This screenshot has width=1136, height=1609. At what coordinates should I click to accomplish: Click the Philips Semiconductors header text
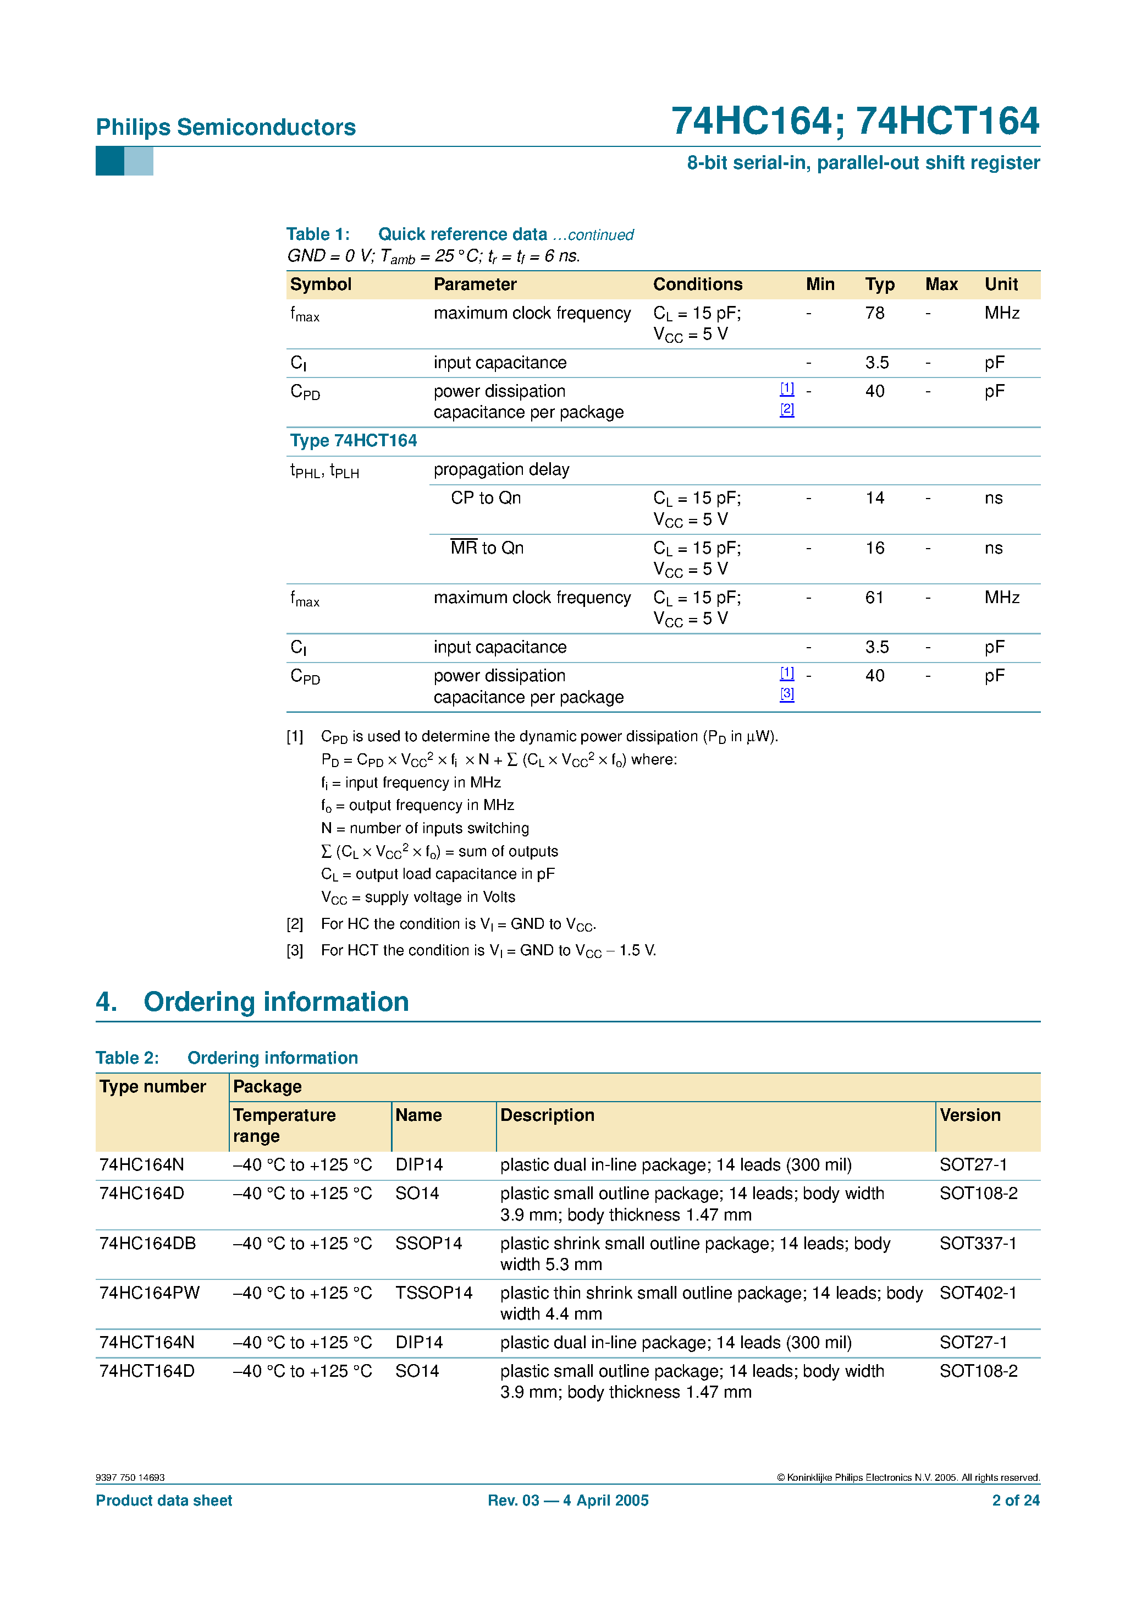225,127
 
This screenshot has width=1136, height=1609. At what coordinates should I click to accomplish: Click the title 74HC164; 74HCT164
854,121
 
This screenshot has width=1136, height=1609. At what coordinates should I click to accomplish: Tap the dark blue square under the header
109,161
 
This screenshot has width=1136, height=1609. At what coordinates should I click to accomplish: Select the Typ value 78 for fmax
874,313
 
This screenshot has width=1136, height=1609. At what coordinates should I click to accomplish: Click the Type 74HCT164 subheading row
353,441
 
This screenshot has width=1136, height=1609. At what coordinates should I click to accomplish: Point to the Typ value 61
874,598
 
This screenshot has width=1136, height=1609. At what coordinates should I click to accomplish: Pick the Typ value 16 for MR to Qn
874,548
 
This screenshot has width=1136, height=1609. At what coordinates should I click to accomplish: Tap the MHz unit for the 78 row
1001,313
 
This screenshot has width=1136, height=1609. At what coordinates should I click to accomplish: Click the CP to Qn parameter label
486,498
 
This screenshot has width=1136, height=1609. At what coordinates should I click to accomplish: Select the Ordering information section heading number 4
107,1002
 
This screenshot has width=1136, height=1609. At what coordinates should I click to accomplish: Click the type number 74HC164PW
149,1293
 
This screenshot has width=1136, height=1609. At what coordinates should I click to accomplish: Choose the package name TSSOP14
433,1293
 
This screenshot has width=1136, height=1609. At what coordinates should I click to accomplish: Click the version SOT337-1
978,1243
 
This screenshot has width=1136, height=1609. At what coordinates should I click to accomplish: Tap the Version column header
969,1115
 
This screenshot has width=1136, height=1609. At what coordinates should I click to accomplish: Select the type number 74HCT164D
146,1371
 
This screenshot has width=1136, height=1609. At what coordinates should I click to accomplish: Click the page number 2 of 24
1015,1501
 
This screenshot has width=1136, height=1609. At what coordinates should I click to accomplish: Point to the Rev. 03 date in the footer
568,1501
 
